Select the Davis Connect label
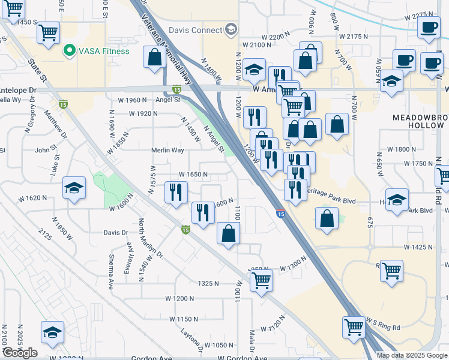[194, 30]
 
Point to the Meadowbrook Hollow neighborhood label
[418, 121]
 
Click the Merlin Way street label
[169, 151]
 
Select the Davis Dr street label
[116, 232]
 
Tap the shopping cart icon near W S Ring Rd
[354, 327]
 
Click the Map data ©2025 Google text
[411, 355]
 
